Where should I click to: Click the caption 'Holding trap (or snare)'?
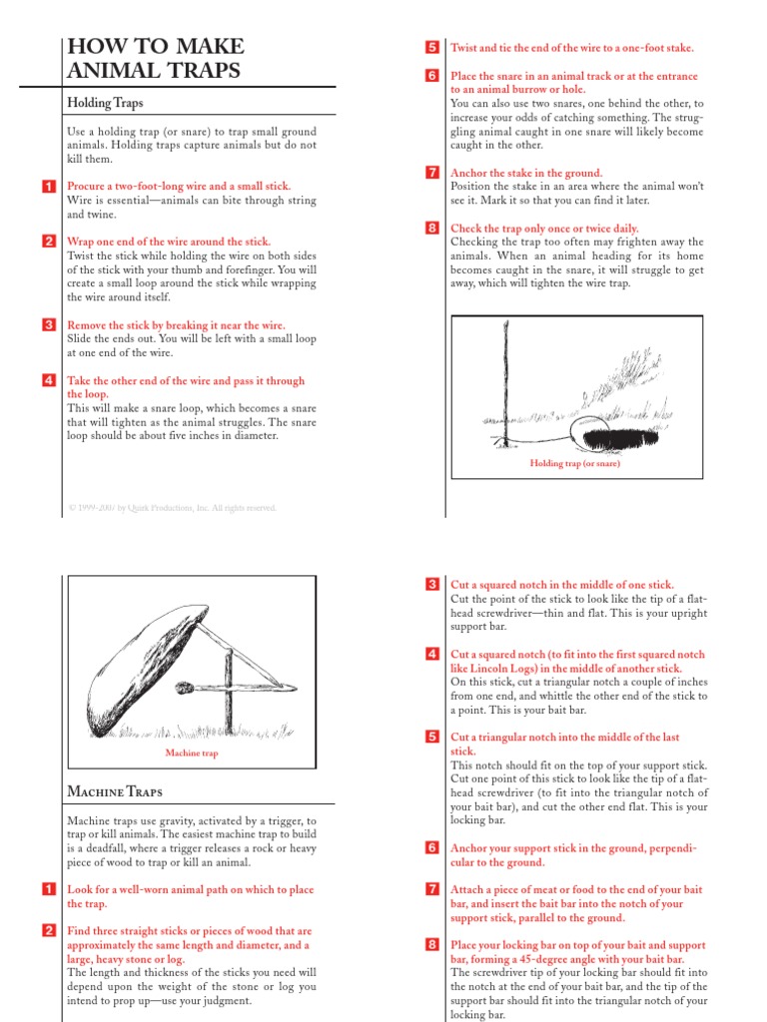574,464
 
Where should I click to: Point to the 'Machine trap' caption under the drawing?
191,754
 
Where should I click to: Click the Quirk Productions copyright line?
172,508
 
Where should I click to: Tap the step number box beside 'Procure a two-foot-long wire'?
49,187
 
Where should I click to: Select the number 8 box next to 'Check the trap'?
432,228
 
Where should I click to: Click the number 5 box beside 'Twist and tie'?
432,47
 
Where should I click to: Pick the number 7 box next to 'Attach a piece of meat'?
432,888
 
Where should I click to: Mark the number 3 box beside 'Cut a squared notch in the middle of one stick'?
432,584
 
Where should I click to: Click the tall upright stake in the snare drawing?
508,389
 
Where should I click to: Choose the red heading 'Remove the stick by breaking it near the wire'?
176,325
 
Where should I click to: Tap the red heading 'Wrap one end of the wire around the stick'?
169,242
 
